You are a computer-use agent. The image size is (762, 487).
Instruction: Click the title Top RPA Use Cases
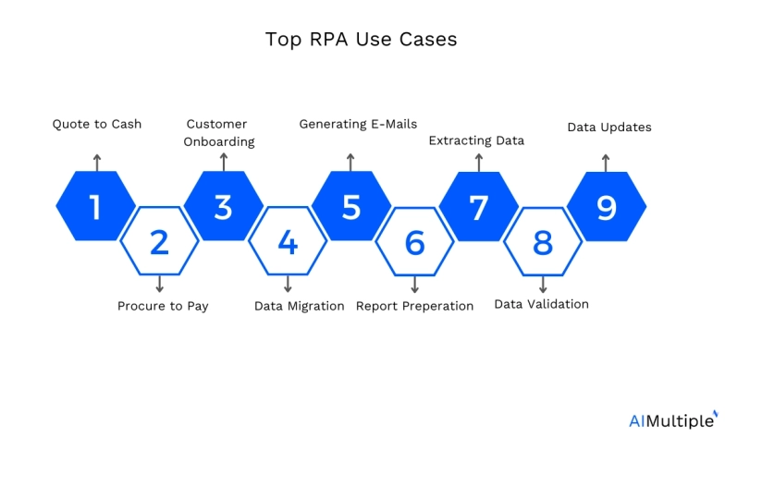click(361, 40)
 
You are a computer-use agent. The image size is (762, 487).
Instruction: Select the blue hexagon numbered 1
click(95, 207)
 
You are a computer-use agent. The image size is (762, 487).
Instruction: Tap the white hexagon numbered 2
click(159, 242)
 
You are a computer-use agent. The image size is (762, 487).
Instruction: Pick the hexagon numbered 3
click(223, 207)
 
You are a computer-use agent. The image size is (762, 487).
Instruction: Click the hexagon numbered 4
click(288, 242)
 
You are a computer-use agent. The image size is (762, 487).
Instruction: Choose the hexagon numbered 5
click(350, 207)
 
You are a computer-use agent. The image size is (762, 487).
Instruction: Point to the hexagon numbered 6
click(414, 242)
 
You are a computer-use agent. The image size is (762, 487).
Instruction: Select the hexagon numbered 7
click(478, 207)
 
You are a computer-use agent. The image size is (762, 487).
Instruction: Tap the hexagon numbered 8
click(543, 242)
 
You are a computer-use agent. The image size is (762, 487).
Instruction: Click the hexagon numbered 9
click(606, 207)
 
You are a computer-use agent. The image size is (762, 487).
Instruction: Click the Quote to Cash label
click(96, 124)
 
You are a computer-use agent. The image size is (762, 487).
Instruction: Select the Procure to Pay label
click(163, 306)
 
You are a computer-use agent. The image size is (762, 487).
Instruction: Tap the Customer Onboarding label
click(218, 133)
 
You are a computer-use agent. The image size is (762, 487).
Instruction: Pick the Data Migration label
click(299, 306)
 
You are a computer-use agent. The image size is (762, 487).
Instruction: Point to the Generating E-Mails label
click(358, 124)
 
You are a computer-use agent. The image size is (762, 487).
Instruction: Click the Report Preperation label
click(414, 306)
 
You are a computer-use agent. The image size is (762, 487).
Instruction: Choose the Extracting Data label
click(476, 140)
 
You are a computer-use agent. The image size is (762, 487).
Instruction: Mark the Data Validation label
click(541, 304)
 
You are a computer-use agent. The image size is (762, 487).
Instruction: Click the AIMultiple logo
click(672, 420)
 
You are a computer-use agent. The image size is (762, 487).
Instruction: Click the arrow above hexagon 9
click(606, 162)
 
